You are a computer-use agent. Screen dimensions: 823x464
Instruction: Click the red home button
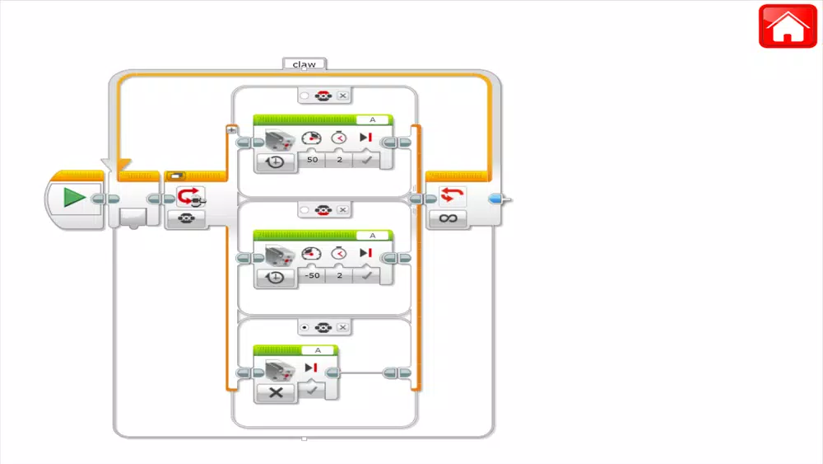[788, 26]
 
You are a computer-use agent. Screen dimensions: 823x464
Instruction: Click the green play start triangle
[74, 198]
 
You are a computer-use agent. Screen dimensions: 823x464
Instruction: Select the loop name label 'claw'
[305, 64]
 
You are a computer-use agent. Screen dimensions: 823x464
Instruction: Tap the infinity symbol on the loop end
[448, 218]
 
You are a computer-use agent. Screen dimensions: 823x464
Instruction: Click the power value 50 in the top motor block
[312, 160]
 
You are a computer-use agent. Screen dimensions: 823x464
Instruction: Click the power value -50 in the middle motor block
[312, 275]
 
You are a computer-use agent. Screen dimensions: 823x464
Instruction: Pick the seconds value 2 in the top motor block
[340, 160]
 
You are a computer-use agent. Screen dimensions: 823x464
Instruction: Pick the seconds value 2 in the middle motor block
[340, 275]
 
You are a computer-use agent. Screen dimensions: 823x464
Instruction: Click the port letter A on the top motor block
[373, 120]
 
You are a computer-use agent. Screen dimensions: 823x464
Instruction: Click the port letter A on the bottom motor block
[318, 350]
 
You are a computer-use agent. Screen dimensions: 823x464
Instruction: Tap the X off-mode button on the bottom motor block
[276, 392]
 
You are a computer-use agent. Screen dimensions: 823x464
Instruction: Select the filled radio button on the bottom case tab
[305, 327]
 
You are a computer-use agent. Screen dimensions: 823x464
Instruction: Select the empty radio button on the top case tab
[305, 96]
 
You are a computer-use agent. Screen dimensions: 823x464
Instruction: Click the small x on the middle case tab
[342, 209]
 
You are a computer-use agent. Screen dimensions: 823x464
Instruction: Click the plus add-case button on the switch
[231, 129]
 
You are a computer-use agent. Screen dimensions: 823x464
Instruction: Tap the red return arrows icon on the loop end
[452, 195]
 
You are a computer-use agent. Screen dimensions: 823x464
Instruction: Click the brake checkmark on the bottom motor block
[312, 390]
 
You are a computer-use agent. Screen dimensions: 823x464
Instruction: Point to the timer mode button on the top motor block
[275, 162]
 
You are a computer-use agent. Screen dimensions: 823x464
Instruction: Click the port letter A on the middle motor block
[373, 236]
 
